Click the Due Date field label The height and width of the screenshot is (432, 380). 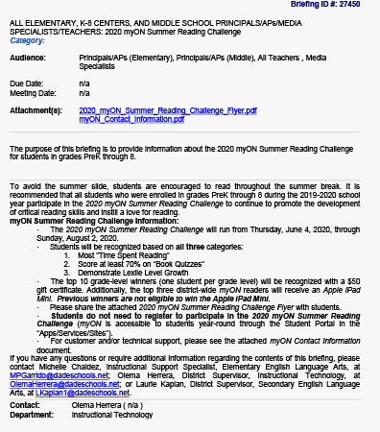(27, 84)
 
